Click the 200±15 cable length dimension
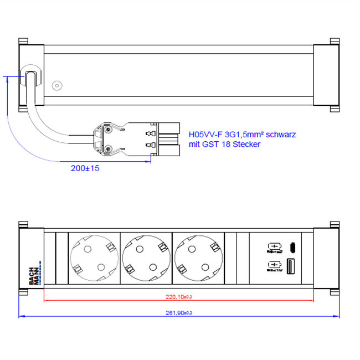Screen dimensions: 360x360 pos(85,168)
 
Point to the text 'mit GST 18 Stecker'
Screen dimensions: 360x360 pos(224,144)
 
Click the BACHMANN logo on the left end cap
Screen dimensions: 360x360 pos(33,272)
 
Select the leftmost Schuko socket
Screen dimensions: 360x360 pos(93,258)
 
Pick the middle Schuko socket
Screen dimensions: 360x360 pos(146,258)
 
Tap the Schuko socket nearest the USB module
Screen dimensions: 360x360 pos(199,258)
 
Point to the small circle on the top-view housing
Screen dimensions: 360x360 pos(56,86)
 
